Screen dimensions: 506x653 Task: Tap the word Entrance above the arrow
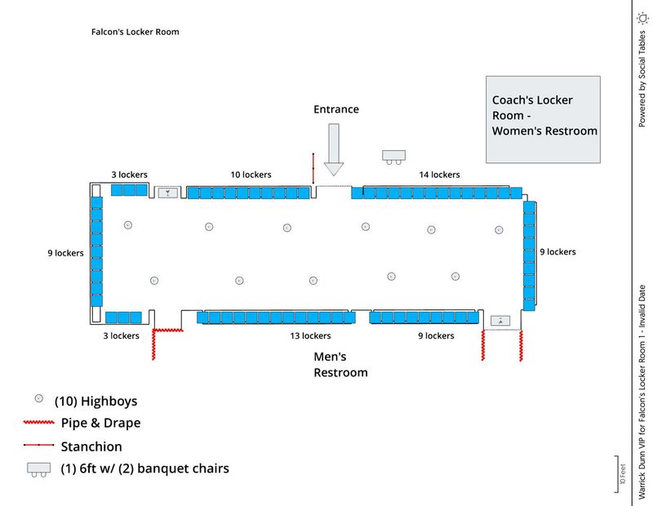(336, 109)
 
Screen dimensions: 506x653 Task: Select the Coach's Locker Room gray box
(543, 118)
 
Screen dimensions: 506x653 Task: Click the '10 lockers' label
(251, 175)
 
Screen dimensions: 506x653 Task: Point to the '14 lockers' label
(439, 175)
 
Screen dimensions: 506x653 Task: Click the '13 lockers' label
(310, 335)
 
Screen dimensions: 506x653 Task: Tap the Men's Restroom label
(341, 365)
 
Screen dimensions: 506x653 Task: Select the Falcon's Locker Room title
(135, 32)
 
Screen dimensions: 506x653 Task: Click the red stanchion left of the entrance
(313, 169)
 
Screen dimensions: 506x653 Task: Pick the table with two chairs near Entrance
(393, 155)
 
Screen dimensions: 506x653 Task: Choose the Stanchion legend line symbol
(38, 446)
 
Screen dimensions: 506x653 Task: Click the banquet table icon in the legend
(38, 468)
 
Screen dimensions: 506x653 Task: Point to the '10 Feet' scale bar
(619, 474)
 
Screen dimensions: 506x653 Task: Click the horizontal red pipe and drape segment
(169, 330)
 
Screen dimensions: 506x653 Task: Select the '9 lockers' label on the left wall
(65, 253)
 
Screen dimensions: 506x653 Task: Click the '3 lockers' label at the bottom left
(121, 335)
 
